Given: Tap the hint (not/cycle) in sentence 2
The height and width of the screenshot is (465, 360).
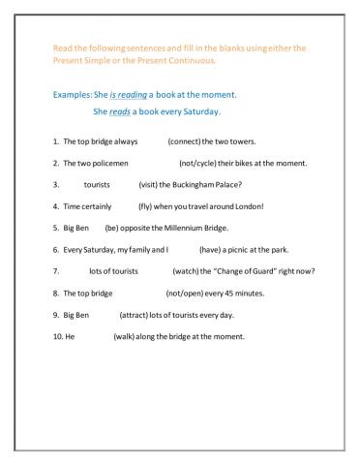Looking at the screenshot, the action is click(202, 163).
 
